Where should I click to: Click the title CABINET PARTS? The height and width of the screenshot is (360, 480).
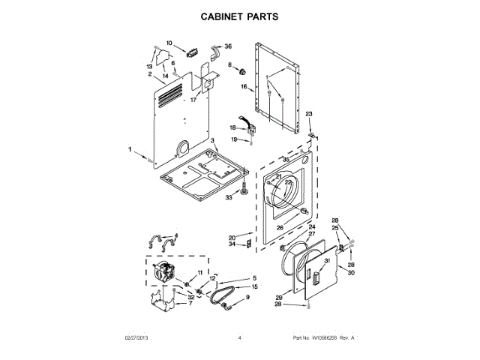(239, 16)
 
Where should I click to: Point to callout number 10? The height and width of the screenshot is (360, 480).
(169, 43)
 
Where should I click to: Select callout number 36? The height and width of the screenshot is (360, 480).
(228, 46)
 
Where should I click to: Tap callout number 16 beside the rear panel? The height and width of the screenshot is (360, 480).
(244, 87)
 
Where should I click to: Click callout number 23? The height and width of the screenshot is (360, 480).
(307, 114)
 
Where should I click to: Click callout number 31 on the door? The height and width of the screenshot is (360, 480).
(327, 260)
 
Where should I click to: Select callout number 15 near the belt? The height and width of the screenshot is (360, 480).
(254, 286)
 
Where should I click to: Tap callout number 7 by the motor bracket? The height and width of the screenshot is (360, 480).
(190, 303)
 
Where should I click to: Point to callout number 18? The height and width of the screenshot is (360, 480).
(232, 127)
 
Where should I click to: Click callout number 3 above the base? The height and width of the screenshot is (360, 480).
(212, 141)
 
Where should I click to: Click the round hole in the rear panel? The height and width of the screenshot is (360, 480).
(183, 145)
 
